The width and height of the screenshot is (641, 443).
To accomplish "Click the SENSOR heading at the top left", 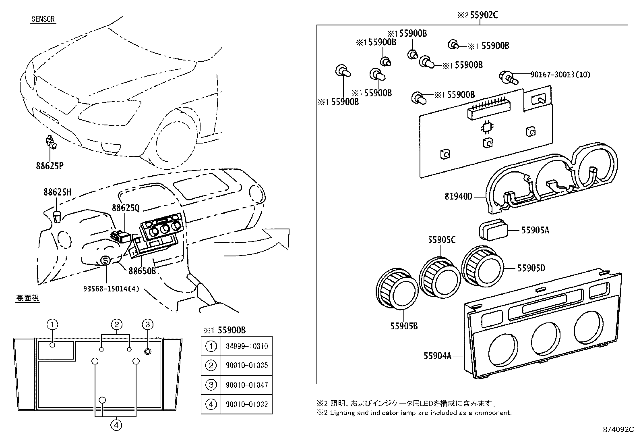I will pyautogui.click(x=43, y=19).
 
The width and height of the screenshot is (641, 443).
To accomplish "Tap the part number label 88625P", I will pyautogui.click(x=50, y=166).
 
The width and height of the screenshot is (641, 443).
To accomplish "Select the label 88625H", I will pyautogui.click(x=57, y=192).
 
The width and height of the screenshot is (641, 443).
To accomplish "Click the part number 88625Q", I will pyautogui.click(x=126, y=208).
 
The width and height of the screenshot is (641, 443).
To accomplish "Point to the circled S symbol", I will pyautogui.click(x=105, y=261).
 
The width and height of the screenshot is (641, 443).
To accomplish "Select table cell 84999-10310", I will pyautogui.click(x=246, y=346).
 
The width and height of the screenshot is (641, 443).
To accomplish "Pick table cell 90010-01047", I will pyautogui.click(x=246, y=385).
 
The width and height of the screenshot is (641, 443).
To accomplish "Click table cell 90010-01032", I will pyautogui.click(x=246, y=404).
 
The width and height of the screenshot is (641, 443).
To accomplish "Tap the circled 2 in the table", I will pyautogui.click(x=211, y=366).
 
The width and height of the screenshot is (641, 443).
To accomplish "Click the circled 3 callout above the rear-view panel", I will pyautogui.click(x=147, y=324).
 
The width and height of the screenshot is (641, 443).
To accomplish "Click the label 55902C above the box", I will pyautogui.click(x=483, y=15).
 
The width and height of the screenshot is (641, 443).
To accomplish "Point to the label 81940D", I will pyautogui.click(x=458, y=197).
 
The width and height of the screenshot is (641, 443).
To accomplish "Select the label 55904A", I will pyautogui.click(x=437, y=356).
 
